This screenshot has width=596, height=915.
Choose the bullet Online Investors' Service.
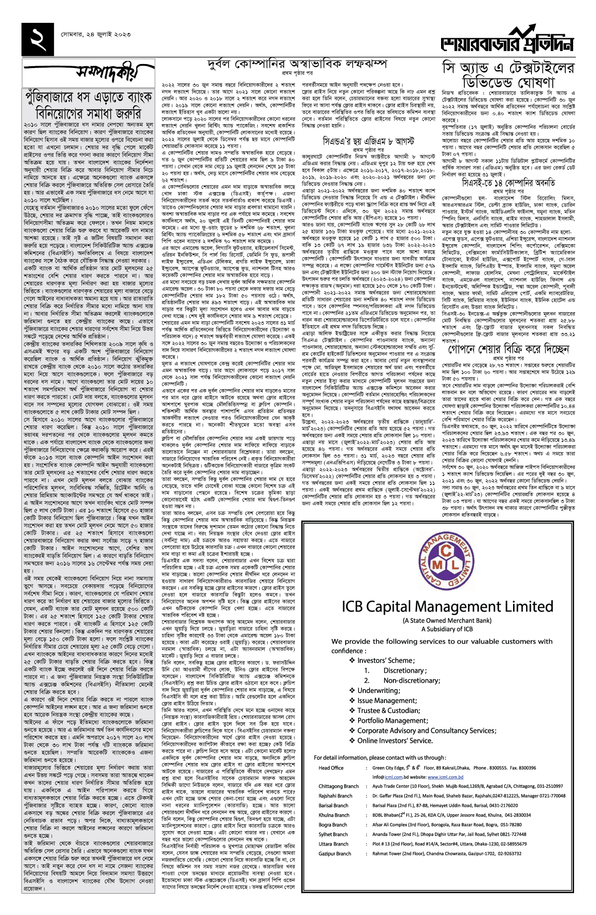[x=395, y=741]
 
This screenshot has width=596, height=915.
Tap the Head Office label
[x=331, y=768]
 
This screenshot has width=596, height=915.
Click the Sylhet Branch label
[x=333, y=835]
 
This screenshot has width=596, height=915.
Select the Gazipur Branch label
[x=335, y=854]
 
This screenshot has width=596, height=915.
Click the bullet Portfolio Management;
[x=392, y=720]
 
